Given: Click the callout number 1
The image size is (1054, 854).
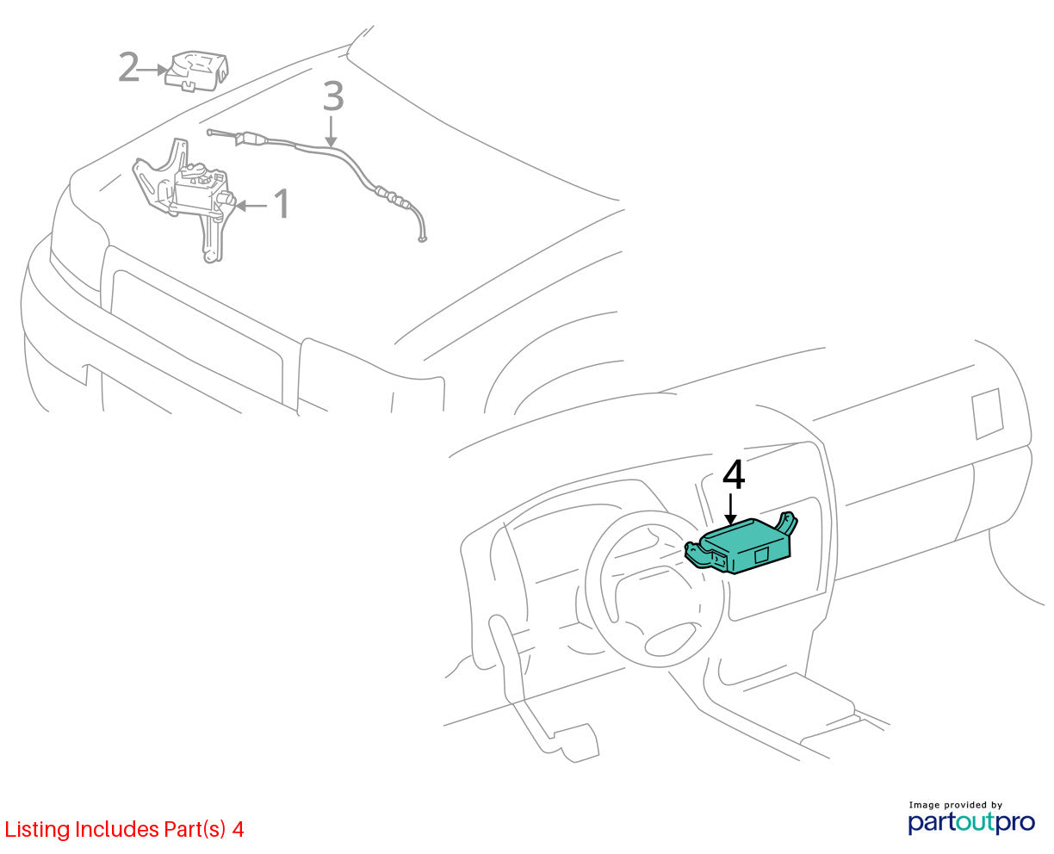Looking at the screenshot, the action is [x=281, y=203].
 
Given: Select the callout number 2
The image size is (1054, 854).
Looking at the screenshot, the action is [x=128, y=67].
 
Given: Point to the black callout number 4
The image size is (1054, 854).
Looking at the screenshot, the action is [x=734, y=475].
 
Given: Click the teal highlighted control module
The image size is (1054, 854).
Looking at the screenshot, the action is [x=741, y=544].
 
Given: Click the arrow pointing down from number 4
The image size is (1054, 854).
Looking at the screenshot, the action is [x=730, y=509].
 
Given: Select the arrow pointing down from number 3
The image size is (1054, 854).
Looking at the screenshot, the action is [x=331, y=132].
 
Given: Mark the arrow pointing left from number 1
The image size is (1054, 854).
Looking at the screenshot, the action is [x=251, y=205].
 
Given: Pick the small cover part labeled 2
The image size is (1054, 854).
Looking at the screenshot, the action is [x=196, y=71].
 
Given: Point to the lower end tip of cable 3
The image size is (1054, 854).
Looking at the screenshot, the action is [x=422, y=239].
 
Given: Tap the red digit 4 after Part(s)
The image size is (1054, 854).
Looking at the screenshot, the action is [x=238, y=829].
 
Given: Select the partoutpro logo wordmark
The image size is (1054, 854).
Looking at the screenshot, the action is [x=970, y=822].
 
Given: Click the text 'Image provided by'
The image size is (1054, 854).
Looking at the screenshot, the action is [x=956, y=805].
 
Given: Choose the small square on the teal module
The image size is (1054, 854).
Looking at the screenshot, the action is [x=761, y=555].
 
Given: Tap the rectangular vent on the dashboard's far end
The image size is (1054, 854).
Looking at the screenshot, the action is [x=987, y=413].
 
